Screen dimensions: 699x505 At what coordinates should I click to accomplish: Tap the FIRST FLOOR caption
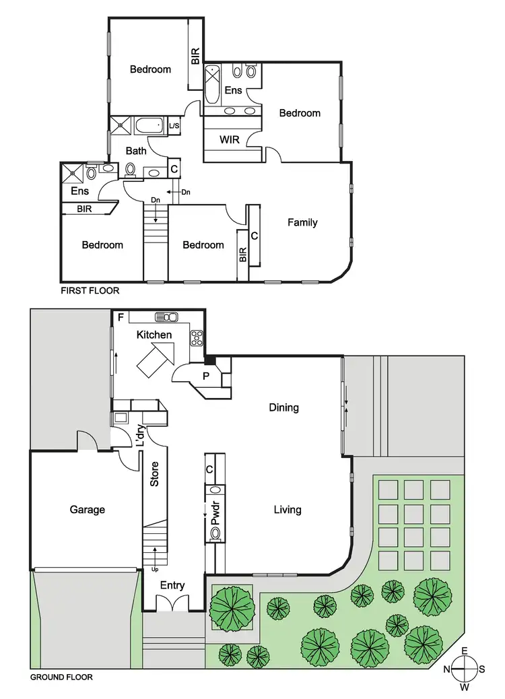click(90, 291)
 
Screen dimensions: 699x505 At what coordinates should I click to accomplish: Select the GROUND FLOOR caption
click(62, 677)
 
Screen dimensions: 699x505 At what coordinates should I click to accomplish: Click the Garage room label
click(88, 510)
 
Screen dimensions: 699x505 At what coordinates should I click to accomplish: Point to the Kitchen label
click(154, 335)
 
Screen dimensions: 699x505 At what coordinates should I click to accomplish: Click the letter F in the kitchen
click(120, 317)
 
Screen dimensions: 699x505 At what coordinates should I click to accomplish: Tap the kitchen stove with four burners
click(197, 337)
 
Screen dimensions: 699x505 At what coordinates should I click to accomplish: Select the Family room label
click(302, 222)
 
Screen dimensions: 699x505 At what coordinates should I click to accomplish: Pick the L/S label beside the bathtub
click(174, 126)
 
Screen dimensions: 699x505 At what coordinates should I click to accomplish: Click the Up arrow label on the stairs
click(156, 568)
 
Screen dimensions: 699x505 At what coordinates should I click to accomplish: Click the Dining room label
click(283, 407)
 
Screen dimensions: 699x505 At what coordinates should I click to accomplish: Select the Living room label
click(287, 510)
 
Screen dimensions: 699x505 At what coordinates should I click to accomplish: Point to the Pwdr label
click(215, 512)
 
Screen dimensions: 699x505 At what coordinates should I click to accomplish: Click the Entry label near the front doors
click(172, 585)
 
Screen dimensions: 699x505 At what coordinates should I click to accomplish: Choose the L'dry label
click(141, 436)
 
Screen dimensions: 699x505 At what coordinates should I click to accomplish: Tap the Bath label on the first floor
click(136, 151)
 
